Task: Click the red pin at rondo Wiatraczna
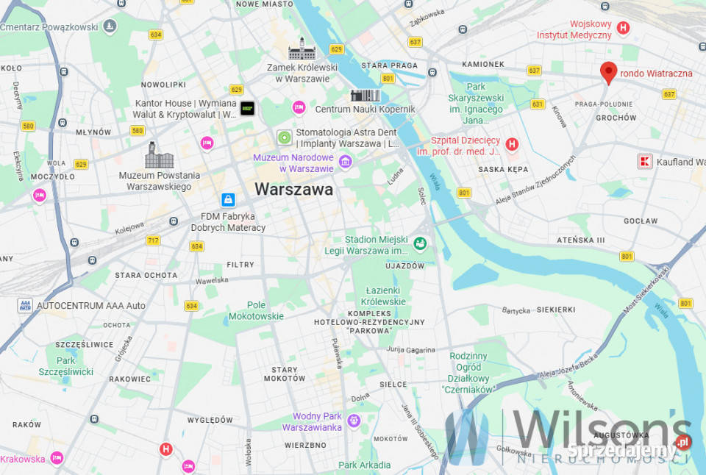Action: point(607,73)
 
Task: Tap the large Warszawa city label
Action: point(293,189)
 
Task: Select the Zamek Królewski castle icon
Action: point(302,49)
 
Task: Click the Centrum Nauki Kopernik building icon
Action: point(365,96)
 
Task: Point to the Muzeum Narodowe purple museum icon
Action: point(345,161)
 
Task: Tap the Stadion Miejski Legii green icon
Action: point(420,243)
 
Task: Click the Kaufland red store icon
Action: point(645,161)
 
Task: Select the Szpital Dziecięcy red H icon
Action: point(512,145)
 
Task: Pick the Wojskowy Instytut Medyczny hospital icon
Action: point(624,29)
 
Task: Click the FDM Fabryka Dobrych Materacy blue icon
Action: point(228,199)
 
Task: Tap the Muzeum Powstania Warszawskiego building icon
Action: point(160,155)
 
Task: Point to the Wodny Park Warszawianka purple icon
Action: point(354,421)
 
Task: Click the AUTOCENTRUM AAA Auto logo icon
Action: point(26,305)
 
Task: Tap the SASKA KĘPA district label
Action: point(502,169)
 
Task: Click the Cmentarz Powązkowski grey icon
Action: point(110,26)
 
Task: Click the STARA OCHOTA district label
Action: point(146,275)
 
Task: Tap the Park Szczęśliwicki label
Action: point(66,366)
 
